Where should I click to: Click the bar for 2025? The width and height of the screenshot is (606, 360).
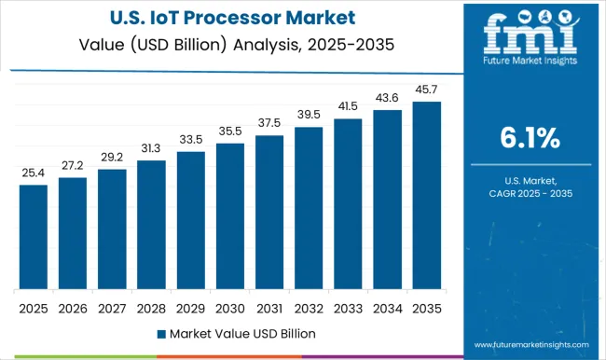[33, 237]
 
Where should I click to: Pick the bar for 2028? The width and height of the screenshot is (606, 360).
[151, 225]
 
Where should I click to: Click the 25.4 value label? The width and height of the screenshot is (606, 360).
[33, 173]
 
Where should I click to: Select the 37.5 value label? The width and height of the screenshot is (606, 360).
[269, 123]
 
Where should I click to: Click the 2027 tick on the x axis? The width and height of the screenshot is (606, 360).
[112, 307]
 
